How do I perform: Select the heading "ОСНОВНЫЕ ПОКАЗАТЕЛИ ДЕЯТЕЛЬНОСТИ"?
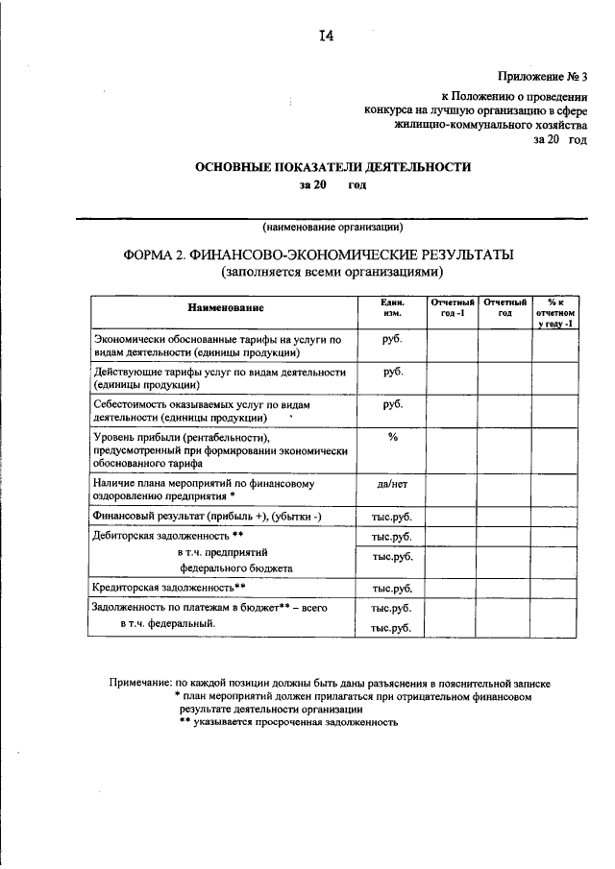[x=332, y=166]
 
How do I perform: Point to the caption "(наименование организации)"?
[x=332, y=229]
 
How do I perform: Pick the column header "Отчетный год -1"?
[x=453, y=308]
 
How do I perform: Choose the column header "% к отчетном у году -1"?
[x=554, y=313]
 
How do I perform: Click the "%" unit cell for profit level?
[x=392, y=438]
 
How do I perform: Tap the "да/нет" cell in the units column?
[x=392, y=485]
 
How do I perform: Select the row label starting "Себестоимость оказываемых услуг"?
[x=218, y=411]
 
